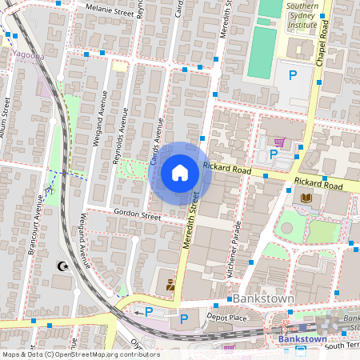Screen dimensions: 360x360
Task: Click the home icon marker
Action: tap(180, 172)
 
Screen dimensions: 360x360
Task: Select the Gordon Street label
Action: tap(138, 215)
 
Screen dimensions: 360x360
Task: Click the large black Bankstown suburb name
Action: tap(266, 298)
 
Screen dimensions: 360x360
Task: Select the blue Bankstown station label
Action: tap(302, 338)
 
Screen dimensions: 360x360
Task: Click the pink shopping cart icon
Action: tap(278, 142)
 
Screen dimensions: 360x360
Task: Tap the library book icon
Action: tap(306, 198)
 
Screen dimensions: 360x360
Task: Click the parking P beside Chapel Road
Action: tap(293, 75)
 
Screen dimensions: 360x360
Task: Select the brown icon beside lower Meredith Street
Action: tap(170, 283)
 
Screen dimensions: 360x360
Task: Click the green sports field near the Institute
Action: tap(260, 53)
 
